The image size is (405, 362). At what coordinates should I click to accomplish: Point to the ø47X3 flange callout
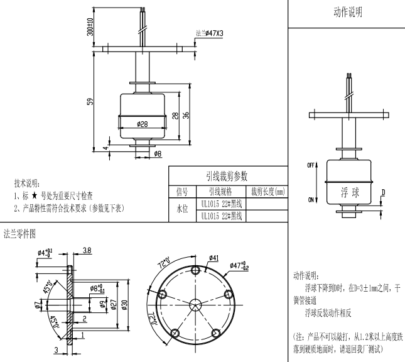point(210,32)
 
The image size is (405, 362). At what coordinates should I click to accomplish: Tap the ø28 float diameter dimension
point(142,124)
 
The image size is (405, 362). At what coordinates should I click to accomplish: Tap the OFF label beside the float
point(310,165)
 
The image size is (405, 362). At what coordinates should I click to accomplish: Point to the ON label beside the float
point(310,200)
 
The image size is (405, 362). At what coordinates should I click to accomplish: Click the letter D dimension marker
point(384,193)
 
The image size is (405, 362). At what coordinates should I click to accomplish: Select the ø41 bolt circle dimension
point(213,258)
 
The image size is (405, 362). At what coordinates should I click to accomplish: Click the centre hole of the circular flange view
point(195,304)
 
